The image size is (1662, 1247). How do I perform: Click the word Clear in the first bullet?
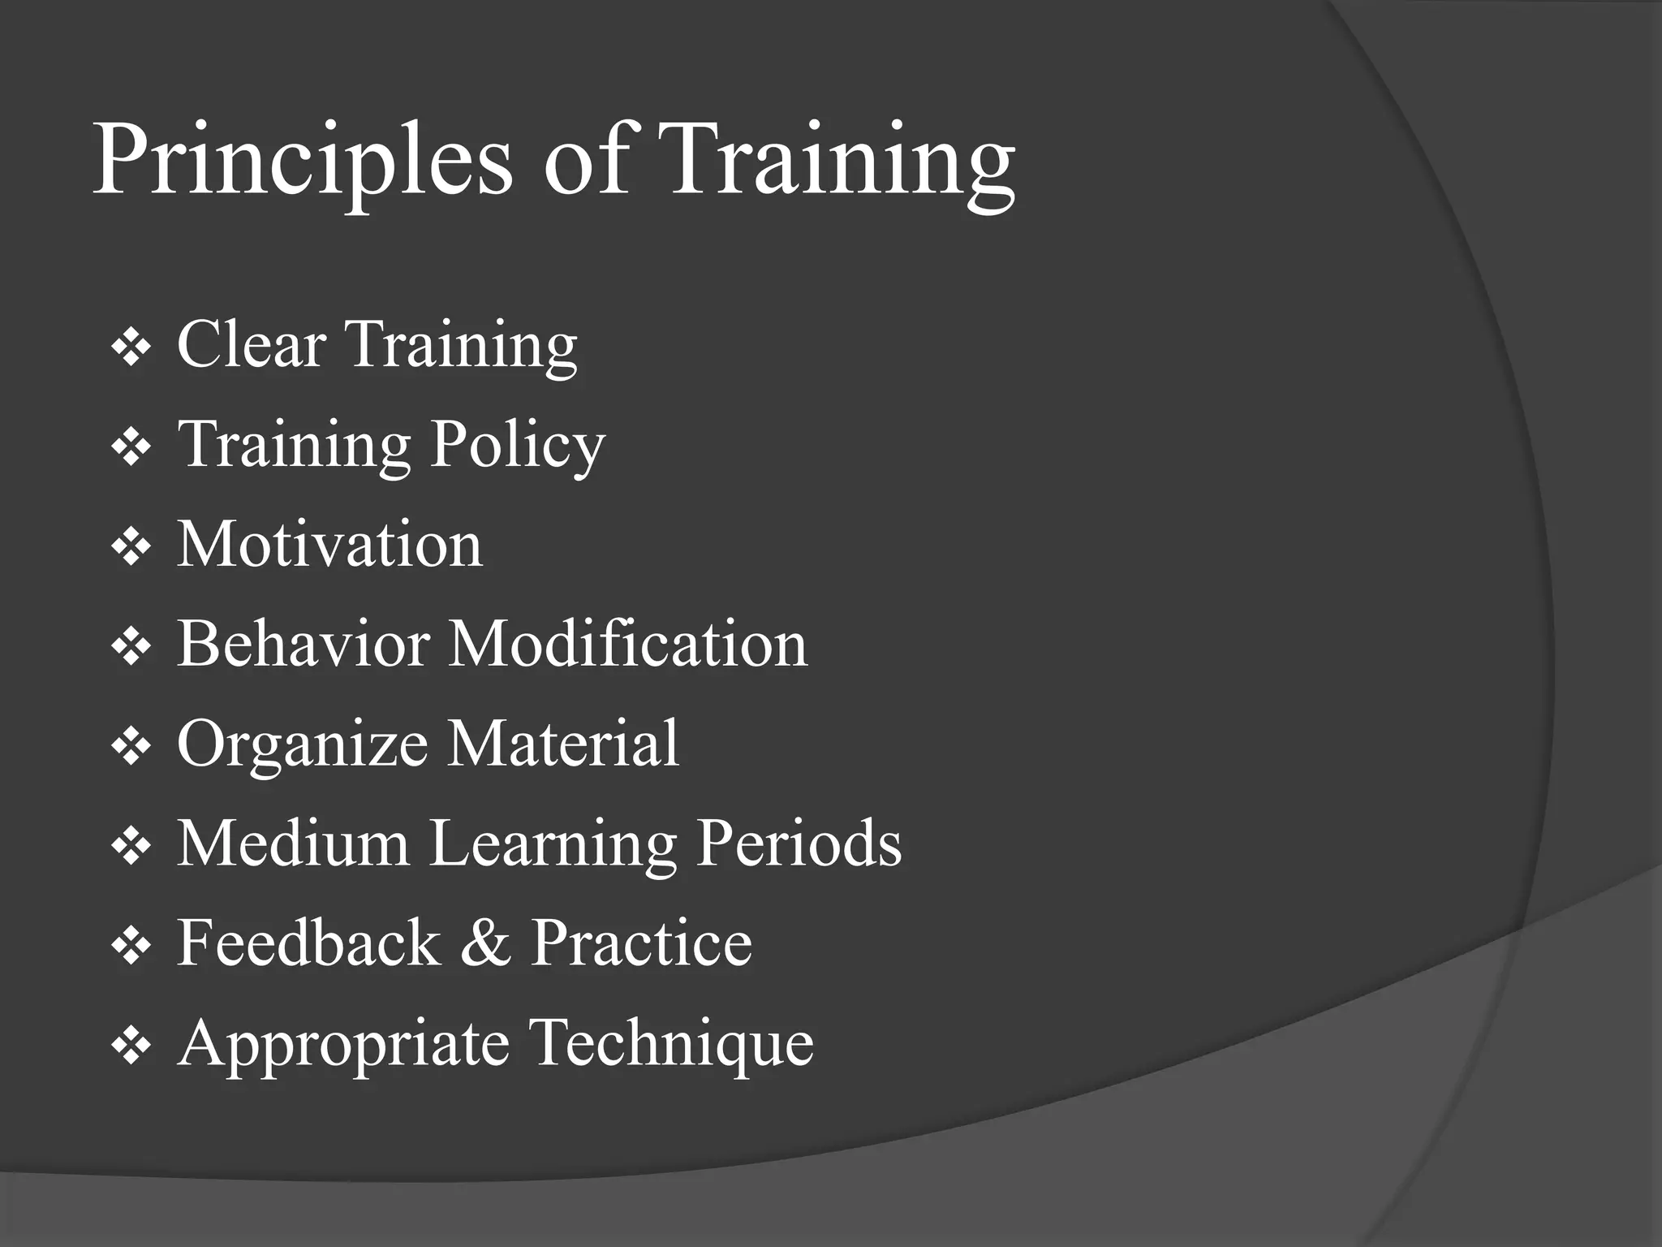click(252, 344)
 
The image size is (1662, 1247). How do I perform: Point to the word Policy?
click(518, 444)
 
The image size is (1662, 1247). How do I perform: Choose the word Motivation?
click(329, 543)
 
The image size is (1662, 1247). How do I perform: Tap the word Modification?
click(628, 643)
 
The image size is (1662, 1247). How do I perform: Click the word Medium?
click(293, 843)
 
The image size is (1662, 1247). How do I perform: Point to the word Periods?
click(799, 843)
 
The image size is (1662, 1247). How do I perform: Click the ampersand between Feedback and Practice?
click(485, 943)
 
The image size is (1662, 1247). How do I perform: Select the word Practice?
click(641, 943)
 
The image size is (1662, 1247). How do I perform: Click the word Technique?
click(671, 1042)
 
